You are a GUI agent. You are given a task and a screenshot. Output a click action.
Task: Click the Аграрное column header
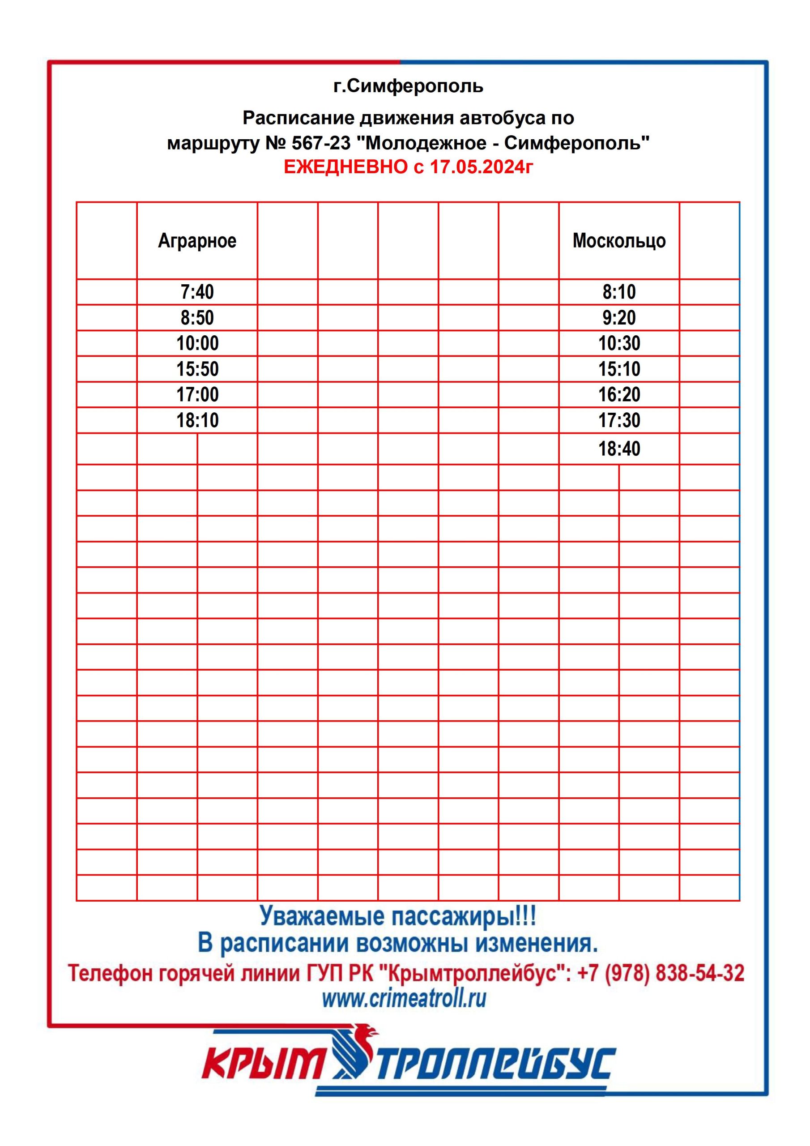pos(197,240)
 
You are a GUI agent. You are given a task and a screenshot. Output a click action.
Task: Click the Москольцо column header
pos(619,240)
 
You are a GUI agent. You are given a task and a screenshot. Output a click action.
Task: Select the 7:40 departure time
pos(197,292)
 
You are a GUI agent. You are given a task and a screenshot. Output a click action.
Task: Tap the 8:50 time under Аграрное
pos(197,318)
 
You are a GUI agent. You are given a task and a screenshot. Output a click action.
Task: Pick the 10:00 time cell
pos(197,343)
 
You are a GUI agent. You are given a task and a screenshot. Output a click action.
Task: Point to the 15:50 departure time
pos(197,369)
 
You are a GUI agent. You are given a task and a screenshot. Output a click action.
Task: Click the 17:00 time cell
pos(197,395)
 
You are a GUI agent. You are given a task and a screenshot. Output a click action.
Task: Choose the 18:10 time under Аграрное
pos(197,421)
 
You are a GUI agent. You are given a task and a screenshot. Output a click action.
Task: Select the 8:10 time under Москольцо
pos(619,292)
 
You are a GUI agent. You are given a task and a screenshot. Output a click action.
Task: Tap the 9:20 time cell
pos(619,318)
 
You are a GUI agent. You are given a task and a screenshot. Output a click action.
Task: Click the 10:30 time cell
pos(619,343)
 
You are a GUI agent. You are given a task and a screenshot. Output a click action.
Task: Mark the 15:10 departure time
pos(619,369)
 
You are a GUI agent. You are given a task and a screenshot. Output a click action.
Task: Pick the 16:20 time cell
pos(619,395)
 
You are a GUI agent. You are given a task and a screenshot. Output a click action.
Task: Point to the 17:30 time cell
pos(619,421)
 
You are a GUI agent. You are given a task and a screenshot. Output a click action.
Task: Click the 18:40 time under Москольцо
pos(619,449)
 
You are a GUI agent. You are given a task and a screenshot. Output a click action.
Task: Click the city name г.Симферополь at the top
pos(408,86)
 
